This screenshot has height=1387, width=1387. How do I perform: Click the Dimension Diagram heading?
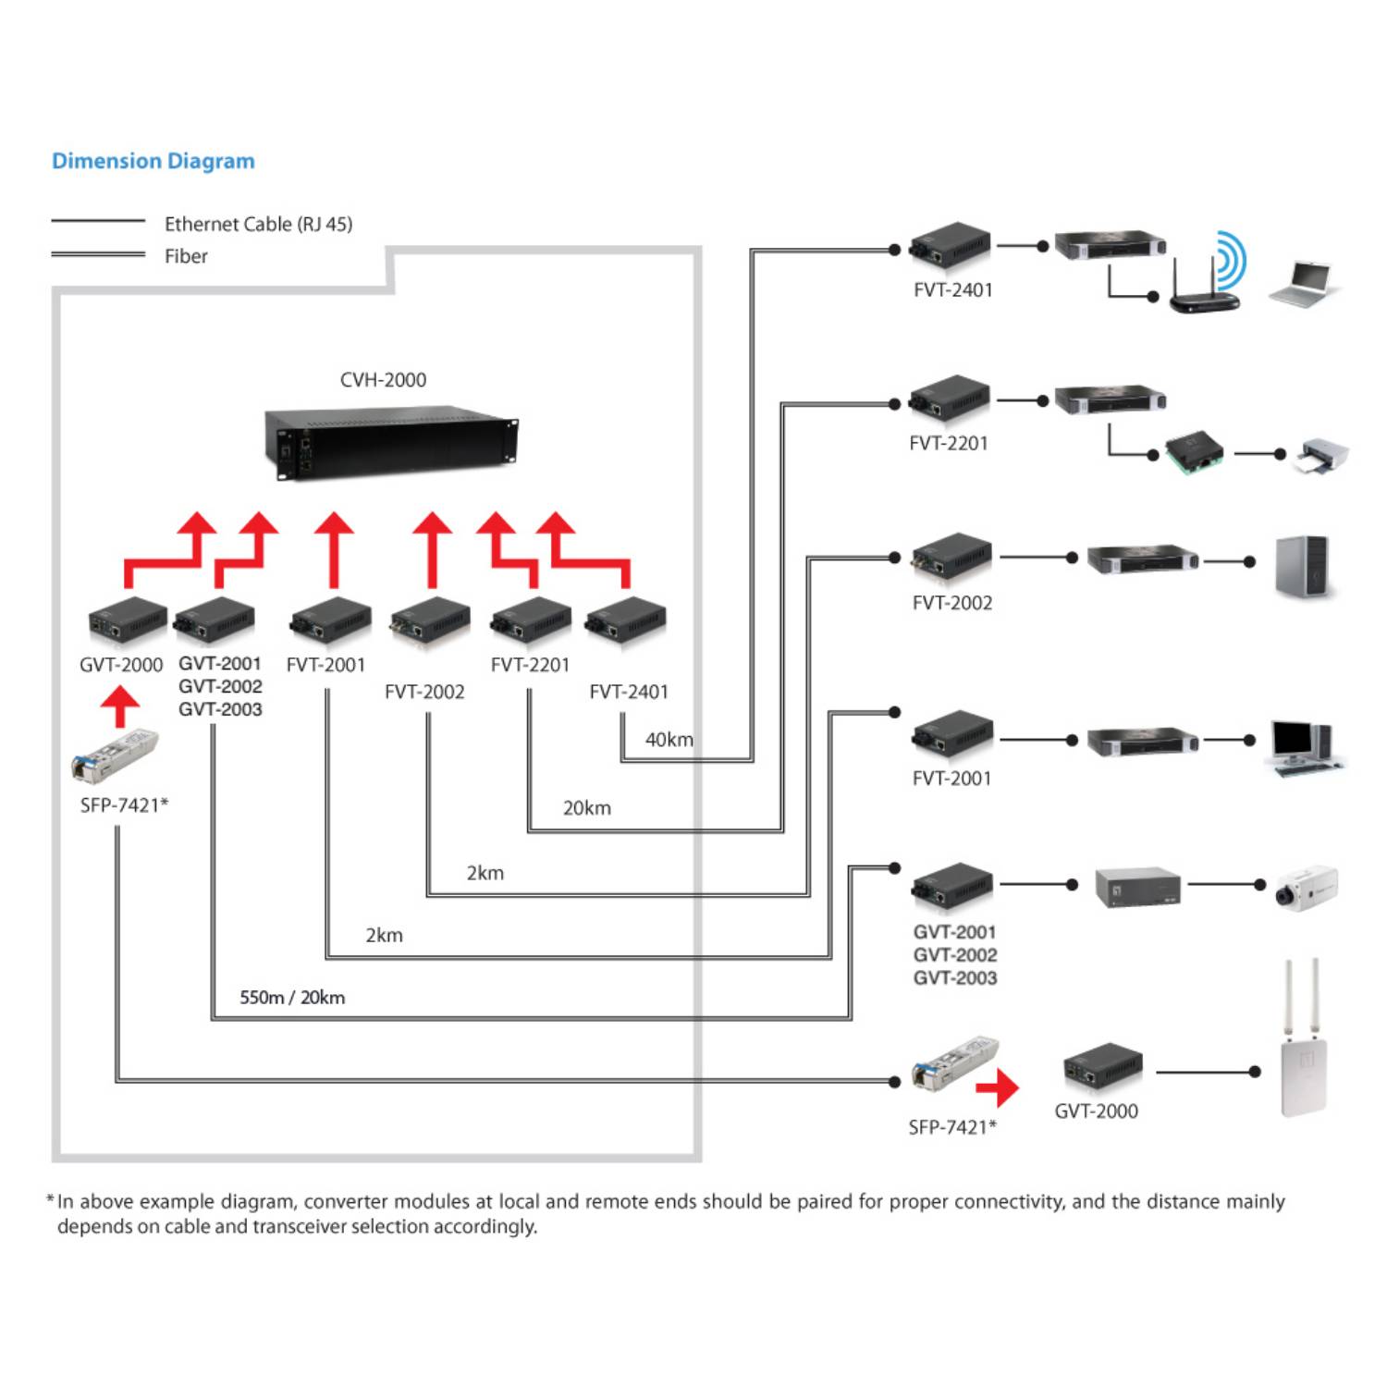coord(153,161)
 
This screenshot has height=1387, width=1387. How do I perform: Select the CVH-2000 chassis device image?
coord(391,443)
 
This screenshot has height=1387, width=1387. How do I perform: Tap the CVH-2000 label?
coord(383,380)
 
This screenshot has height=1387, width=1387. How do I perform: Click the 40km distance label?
coord(669,740)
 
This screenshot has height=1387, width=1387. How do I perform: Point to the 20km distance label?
coord(587,808)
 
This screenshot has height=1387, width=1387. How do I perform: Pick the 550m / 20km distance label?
coord(292,998)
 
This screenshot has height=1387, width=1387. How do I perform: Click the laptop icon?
coord(1304,284)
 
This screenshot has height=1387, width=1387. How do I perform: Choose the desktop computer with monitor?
coord(1305,747)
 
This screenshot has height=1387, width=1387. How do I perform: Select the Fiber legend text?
coord(186,257)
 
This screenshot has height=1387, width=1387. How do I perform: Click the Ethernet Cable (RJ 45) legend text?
coord(258,225)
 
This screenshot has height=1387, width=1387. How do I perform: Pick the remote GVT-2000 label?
coord(1097,1111)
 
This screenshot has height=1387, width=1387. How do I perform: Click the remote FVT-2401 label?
coord(953,290)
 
